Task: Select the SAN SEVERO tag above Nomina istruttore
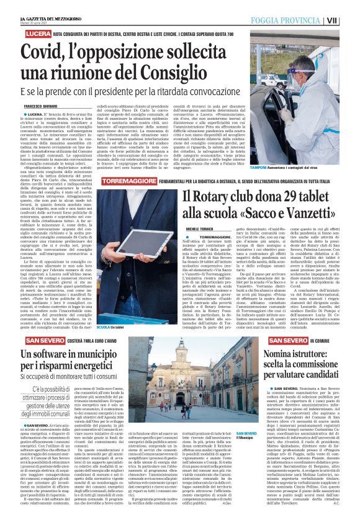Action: click(x=291, y=341)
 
